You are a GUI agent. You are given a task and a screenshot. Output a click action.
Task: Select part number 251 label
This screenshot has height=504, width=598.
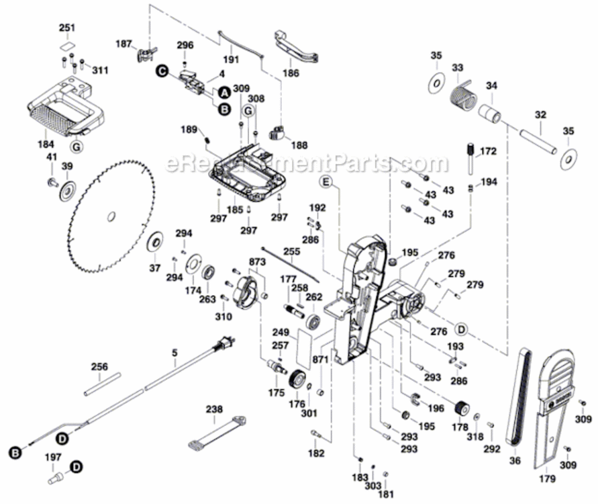[67, 28]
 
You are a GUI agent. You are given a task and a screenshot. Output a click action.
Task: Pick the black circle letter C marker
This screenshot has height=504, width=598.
[161, 69]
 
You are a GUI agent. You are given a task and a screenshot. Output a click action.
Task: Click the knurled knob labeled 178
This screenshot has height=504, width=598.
[460, 408]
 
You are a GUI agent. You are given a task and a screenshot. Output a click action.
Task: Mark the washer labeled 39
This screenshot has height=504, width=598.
[67, 190]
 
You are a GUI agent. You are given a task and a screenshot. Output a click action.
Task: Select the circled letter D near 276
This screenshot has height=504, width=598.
[461, 329]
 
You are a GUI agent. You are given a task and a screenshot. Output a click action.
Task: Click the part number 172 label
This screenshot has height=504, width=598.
[488, 153]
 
